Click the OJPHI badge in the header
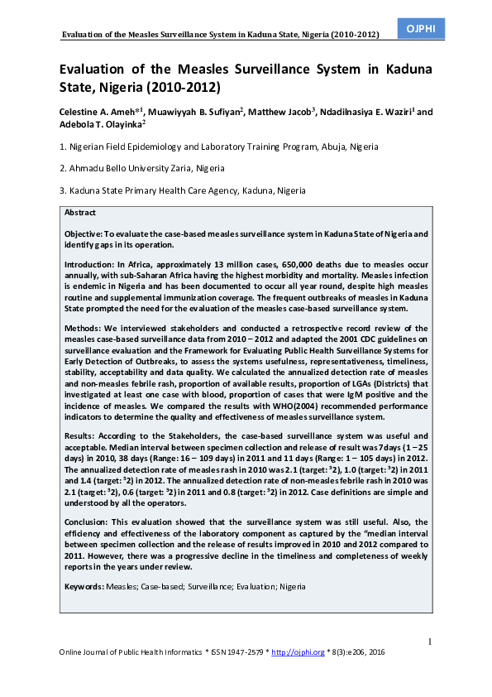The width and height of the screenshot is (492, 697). pos(421,28)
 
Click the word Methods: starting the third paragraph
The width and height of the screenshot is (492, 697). pos(85,329)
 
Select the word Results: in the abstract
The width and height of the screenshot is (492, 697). pos(84,435)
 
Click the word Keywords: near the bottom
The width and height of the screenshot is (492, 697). pos(85,586)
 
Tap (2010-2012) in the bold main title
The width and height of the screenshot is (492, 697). pos(184,86)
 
